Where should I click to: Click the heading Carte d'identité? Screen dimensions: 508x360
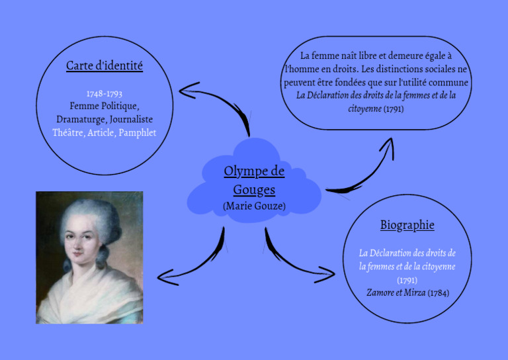point(105,66)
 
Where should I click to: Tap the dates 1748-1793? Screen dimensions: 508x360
point(105,93)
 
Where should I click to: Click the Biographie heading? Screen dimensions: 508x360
point(407,225)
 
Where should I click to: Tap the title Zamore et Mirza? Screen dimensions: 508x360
point(396,292)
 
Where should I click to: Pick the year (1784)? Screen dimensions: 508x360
point(439,292)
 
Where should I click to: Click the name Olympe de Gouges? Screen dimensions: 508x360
point(254,180)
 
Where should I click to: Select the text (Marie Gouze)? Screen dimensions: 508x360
point(254,206)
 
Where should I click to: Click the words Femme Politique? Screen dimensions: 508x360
point(105,106)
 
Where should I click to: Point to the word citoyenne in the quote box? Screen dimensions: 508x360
point(364,108)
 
